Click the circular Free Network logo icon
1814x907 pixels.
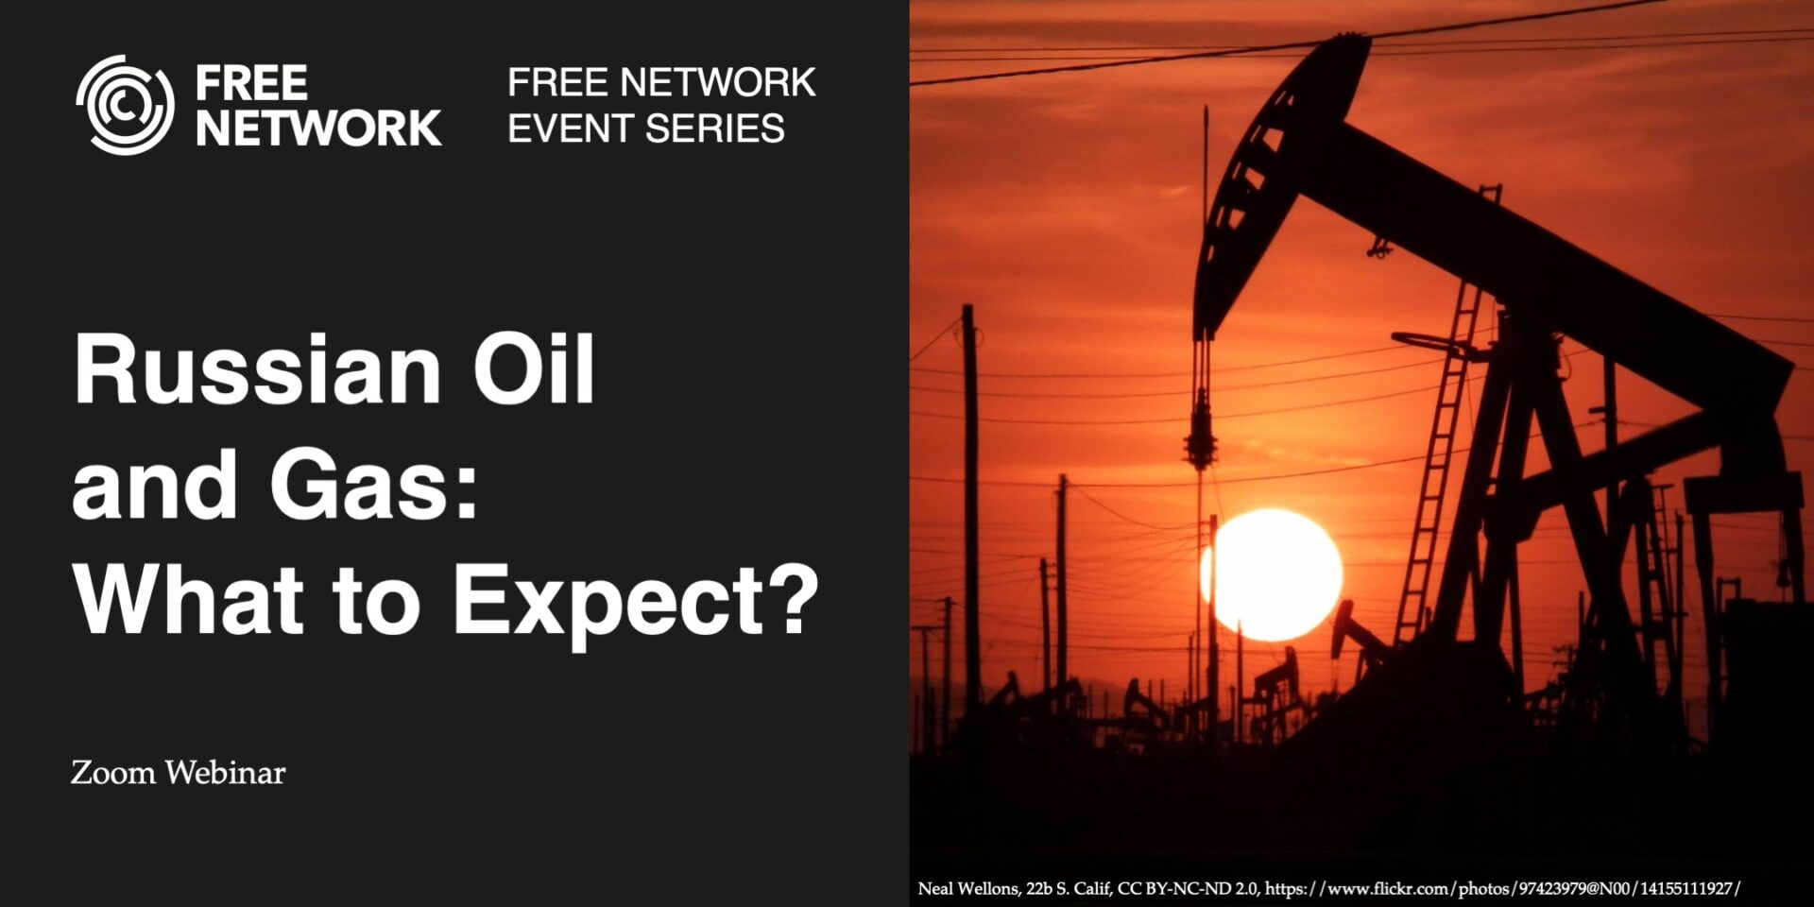[x=125, y=105]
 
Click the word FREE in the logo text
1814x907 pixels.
[x=251, y=83]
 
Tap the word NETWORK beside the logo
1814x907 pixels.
[x=318, y=128]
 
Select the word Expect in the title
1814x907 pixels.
[x=608, y=601]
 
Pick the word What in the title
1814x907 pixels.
[x=188, y=601]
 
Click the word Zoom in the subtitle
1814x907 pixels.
[x=113, y=773]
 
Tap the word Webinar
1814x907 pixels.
[x=225, y=773]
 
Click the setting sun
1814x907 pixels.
[x=1274, y=573]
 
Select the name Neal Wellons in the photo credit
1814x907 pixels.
[x=968, y=889]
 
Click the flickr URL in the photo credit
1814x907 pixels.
[x=1502, y=889]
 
